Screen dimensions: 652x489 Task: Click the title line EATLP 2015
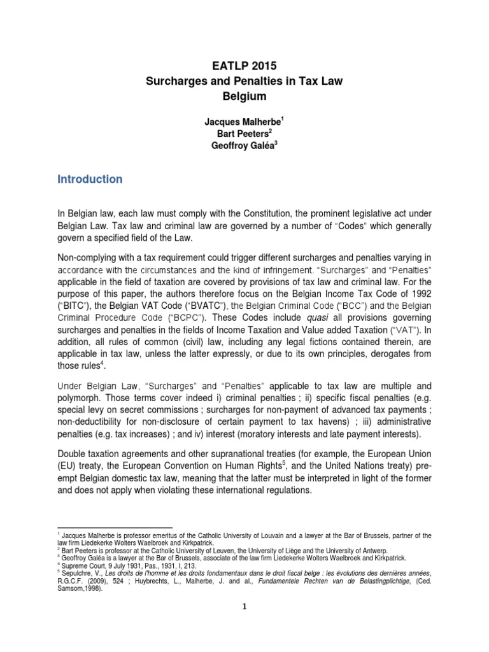point(244,65)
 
